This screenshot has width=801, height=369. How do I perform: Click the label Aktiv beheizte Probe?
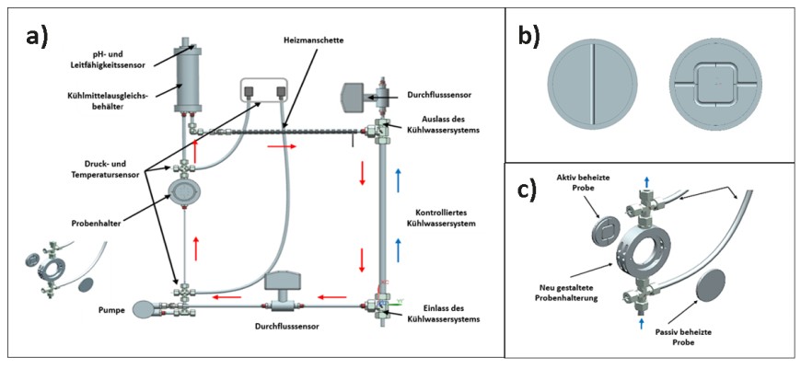(x=577, y=181)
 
